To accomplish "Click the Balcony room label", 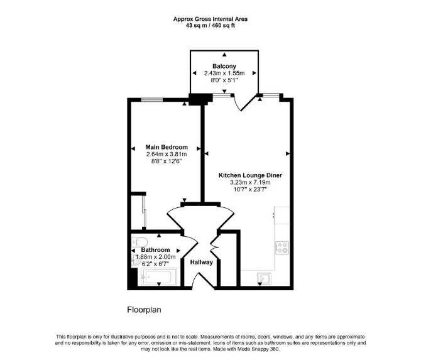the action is (224, 66).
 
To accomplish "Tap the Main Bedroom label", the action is (167, 147).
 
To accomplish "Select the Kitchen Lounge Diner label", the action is (250, 175).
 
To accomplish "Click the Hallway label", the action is (201, 262).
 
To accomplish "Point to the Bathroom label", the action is (155, 249).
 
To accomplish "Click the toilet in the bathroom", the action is (139, 242).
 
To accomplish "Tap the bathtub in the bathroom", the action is (157, 277).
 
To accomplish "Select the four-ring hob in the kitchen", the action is (282, 248).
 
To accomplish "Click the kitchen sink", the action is (264, 279).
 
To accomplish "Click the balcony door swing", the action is (245, 103).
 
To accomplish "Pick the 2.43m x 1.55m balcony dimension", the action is (224, 73).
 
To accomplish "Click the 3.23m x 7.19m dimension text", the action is (250, 183).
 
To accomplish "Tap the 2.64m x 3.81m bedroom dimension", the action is (167, 154).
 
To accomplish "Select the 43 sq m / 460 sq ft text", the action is (210, 26).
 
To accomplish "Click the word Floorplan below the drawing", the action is (144, 310).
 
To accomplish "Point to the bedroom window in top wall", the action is (152, 100).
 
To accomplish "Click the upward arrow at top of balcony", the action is (224, 55).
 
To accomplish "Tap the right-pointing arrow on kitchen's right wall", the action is (288, 153).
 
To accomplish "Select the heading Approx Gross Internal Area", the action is (210, 19).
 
